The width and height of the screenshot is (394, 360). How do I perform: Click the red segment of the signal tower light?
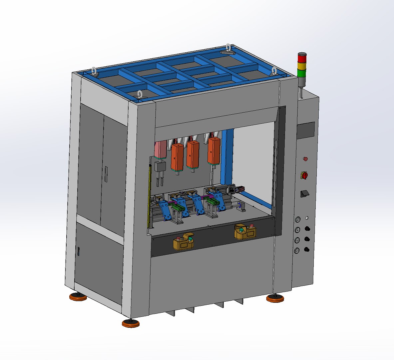pos(302,58)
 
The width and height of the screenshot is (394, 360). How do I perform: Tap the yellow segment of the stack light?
pos(302,65)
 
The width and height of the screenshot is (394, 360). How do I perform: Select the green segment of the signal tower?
pos(302,72)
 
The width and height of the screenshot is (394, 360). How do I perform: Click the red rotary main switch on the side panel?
pos(304,175)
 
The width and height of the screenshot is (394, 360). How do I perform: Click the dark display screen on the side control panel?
pos(306,130)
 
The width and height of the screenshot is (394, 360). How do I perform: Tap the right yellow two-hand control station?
pos(247,232)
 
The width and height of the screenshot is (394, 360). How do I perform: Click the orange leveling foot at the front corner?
pos(131,323)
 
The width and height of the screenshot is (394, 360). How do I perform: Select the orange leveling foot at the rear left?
pos(78,296)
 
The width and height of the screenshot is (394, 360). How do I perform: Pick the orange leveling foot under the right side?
pos(275,298)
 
